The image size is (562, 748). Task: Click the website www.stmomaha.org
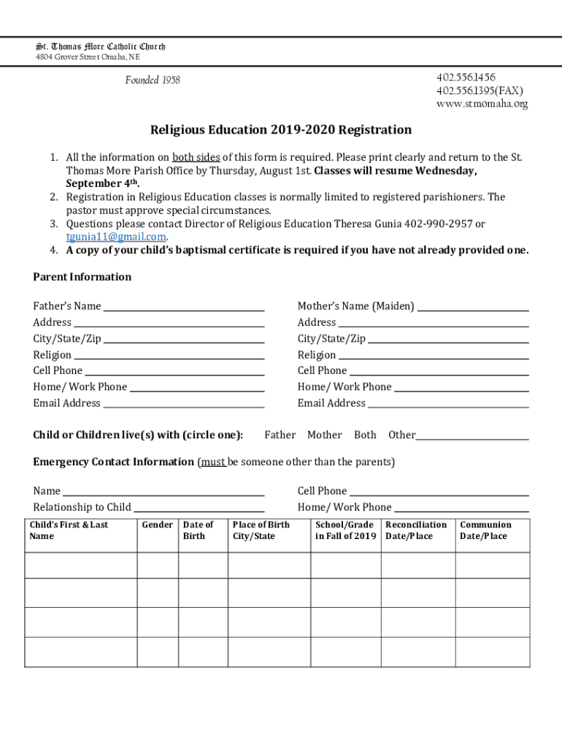pos(482,104)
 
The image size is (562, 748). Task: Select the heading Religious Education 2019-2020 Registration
pos(281,130)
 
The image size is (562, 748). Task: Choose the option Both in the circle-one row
pos(365,435)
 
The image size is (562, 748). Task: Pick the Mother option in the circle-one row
pos(324,435)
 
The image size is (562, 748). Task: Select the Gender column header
pos(157,524)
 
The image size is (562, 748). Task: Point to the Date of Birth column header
pos(198,530)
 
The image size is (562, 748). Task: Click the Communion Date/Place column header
pos(485,530)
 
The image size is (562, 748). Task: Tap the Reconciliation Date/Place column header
pos(416,530)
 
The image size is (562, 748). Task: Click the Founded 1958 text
pos(152,80)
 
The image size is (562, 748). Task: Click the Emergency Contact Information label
pos(113,462)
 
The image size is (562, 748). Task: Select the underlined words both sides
pos(196,158)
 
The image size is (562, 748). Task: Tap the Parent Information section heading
pos(82,277)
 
